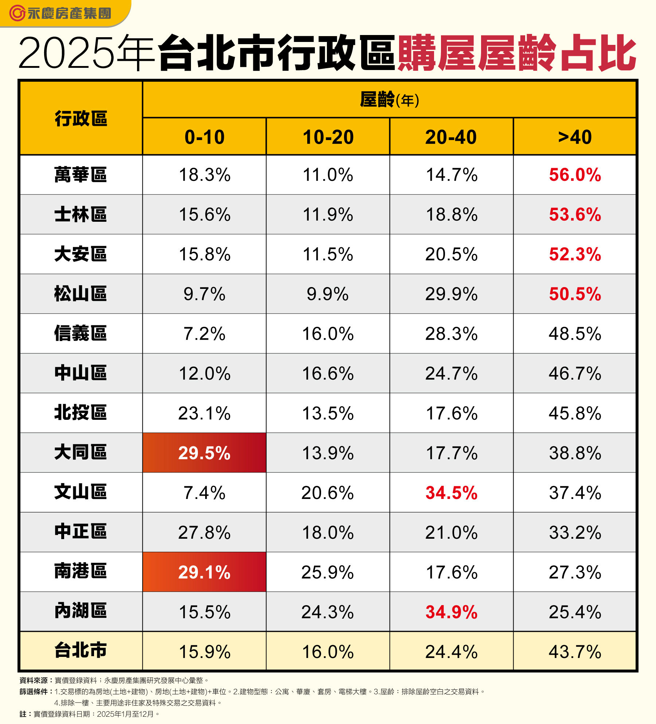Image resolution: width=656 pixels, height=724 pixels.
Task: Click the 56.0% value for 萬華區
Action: click(575, 175)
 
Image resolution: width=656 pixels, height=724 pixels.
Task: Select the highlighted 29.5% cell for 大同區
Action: click(204, 453)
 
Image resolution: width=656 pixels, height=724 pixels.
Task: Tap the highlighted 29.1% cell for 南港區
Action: click(204, 572)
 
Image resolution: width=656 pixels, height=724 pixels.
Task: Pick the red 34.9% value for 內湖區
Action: click(451, 612)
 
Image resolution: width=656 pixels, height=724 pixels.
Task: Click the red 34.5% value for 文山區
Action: click(451, 492)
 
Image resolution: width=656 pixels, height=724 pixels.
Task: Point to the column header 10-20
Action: click(328, 137)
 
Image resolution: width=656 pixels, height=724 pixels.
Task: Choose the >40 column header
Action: click(575, 137)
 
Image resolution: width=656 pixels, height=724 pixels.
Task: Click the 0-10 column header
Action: click(204, 137)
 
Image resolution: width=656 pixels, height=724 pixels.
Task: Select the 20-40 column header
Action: click(451, 137)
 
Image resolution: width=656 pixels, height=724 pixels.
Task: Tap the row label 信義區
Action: click(81, 333)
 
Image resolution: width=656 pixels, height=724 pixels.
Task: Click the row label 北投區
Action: click(81, 413)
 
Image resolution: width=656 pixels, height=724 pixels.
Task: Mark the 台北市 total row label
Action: click(81, 651)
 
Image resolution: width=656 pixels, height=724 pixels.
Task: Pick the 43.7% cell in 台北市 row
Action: click(575, 651)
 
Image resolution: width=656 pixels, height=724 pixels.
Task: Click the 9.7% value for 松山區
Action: click(204, 294)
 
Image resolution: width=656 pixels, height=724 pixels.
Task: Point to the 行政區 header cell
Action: click(81, 119)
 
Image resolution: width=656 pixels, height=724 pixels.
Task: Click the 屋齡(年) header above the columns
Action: click(389, 100)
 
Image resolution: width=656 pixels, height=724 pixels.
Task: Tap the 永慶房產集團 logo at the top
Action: click(60, 13)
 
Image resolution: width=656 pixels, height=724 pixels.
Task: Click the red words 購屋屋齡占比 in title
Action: click(517, 53)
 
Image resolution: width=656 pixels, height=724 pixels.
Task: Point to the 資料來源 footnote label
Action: click(34, 680)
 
